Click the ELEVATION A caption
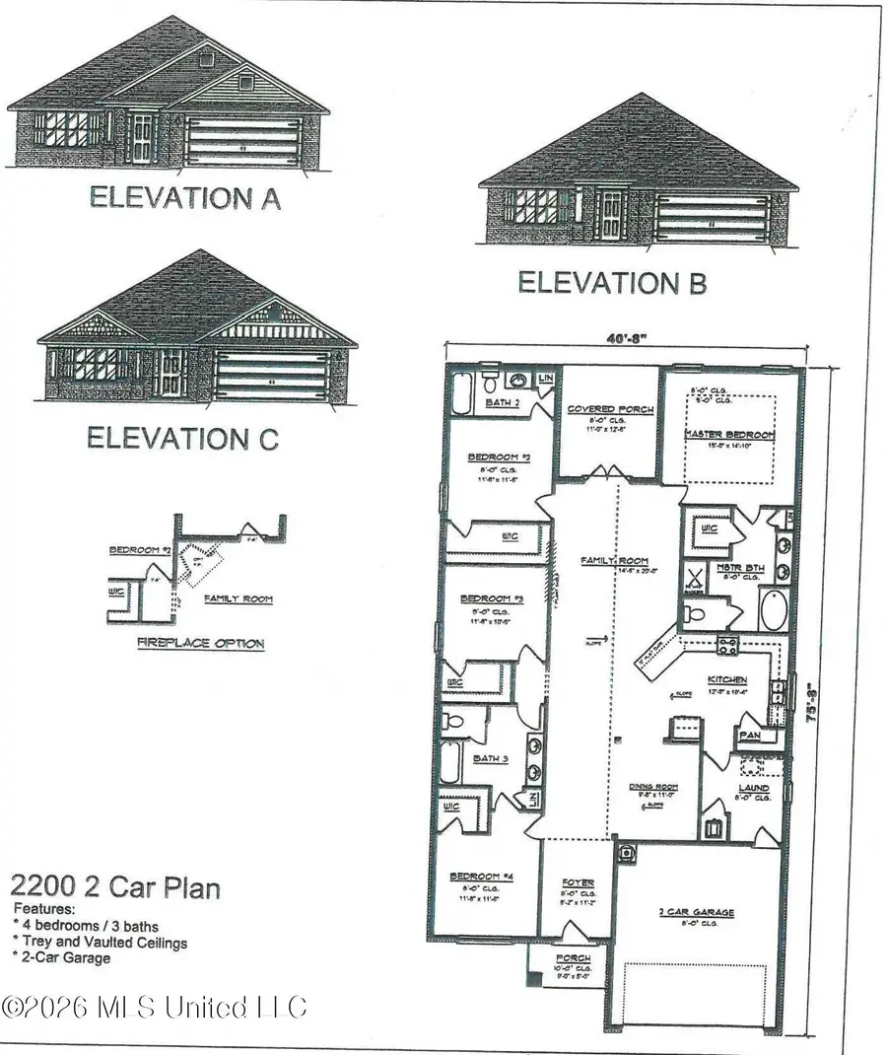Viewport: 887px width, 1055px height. (x=185, y=197)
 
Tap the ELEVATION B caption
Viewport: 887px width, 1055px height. (x=612, y=283)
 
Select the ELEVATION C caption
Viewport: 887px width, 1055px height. (x=182, y=438)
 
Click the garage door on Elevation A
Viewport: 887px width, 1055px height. (x=242, y=140)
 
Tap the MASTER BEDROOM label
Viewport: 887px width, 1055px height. (x=729, y=434)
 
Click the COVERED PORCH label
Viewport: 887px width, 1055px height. (x=604, y=408)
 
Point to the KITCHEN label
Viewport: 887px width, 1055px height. (x=727, y=680)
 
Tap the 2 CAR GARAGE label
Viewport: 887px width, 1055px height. (x=696, y=913)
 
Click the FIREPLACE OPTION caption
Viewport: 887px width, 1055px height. (x=200, y=644)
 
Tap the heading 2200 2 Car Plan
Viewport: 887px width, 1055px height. (x=115, y=887)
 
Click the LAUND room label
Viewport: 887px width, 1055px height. (x=754, y=789)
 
